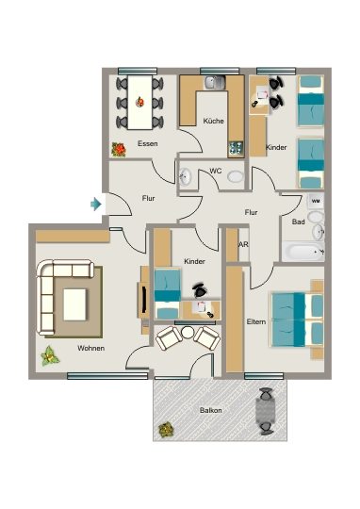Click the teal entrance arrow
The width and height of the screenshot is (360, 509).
click(x=96, y=205)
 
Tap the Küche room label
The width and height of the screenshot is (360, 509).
click(x=213, y=121)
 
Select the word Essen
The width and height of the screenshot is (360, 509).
click(x=148, y=143)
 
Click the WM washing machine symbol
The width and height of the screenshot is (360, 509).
click(x=316, y=202)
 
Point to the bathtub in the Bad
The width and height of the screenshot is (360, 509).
click(x=303, y=252)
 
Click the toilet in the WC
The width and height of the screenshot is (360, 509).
click(x=236, y=177)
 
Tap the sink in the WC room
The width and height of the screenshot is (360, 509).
click(x=186, y=177)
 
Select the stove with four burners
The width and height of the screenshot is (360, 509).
click(x=236, y=148)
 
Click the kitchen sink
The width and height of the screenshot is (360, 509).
click(x=215, y=82)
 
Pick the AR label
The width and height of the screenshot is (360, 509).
click(x=243, y=244)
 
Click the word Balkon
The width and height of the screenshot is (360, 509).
click(x=211, y=410)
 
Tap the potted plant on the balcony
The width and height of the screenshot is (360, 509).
click(x=166, y=430)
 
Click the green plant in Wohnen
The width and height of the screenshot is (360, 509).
click(x=50, y=356)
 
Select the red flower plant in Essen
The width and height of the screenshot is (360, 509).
click(x=119, y=149)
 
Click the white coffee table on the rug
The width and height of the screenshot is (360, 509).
click(x=74, y=304)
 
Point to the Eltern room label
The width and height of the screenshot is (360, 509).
click(x=256, y=321)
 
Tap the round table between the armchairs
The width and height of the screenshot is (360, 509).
click(x=188, y=333)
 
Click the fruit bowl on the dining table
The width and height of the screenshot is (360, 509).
click(x=139, y=102)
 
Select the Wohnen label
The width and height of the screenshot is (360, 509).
click(x=90, y=349)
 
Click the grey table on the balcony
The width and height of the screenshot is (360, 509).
click(x=266, y=410)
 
